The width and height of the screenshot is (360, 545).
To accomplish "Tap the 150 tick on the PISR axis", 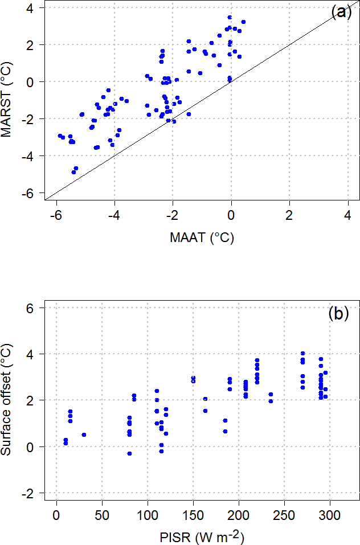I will click(193, 515).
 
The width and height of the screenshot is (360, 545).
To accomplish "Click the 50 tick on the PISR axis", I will click(102, 515).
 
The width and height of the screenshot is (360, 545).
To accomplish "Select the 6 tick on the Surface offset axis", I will click(31, 308).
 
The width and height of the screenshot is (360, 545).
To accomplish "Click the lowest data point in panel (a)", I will click(73, 172).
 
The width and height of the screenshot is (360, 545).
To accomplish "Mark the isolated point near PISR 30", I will click(84, 435).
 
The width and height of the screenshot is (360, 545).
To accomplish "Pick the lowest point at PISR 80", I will click(129, 453).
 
